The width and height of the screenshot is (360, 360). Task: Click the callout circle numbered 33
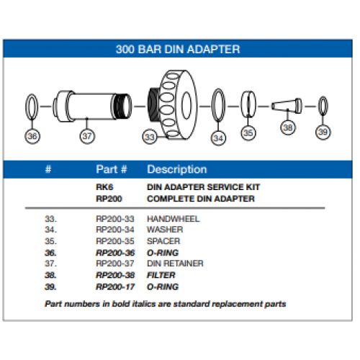coord(150,135)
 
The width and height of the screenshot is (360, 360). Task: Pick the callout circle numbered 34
coord(218,137)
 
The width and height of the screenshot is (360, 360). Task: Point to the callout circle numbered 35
coord(248,132)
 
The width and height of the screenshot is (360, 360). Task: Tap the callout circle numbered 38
coord(288,127)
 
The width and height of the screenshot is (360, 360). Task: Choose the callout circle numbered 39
coord(323,132)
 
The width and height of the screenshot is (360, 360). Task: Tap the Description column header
coord(176,170)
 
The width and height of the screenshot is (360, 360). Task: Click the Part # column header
coord(112,170)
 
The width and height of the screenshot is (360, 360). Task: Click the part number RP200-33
coord(114,218)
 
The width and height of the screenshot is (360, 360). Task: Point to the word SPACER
coord(163,241)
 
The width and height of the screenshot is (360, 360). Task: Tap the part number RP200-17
coord(114,287)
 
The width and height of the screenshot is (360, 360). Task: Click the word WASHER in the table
coord(164,230)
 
